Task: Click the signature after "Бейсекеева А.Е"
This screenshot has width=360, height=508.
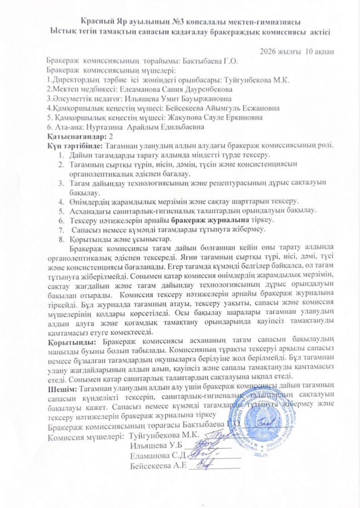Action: pos(206,466)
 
